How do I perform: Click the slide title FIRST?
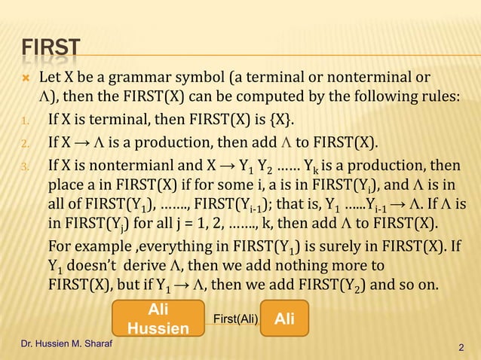(x=50, y=50)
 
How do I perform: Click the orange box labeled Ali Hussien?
(x=158, y=319)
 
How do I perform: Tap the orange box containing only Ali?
(x=284, y=319)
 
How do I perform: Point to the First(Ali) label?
(x=234, y=319)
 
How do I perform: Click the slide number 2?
(x=461, y=347)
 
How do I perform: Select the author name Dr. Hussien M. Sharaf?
(x=62, y=343)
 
